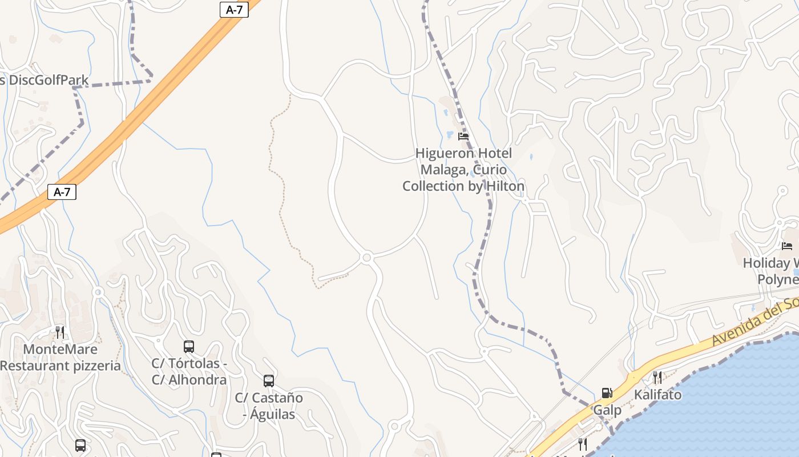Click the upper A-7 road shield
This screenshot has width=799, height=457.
(x=234, y=10)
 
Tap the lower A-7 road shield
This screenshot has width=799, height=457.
(x=62, y=192)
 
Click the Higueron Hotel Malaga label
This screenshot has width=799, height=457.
(x=463, y=170)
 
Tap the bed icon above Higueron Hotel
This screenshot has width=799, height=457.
(x=463, y=136)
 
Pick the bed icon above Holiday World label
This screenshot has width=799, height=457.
(x=787, y=246)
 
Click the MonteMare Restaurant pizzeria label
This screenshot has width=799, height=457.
(x=60, y=357)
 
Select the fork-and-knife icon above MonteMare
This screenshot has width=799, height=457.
(x=60, y=332)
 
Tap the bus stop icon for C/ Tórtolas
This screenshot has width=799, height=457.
(x=189, y=346)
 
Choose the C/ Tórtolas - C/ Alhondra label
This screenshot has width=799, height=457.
(x=189, y=371)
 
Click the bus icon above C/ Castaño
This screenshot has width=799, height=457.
(x=269, y=380)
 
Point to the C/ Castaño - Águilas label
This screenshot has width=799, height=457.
(x=269, y=406)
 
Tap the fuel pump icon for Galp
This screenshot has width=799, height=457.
(x=607, y=393)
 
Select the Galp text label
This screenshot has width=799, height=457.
(x=607, y=410)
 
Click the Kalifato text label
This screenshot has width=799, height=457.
(x=657, y=395)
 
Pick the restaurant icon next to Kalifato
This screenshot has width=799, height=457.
(x=657, y=377)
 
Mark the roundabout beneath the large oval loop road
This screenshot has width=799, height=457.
(x=367, y=258)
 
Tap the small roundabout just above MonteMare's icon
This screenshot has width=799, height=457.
(x=98, y=292)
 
